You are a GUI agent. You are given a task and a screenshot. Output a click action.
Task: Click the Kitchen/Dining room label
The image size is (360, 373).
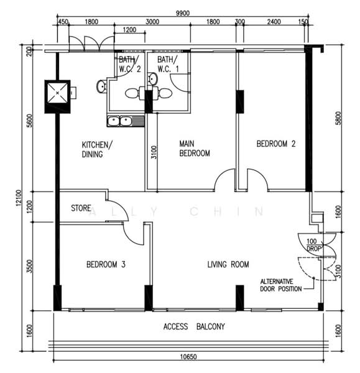tap(97, 149)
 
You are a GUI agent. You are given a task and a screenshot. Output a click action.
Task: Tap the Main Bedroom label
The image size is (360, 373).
tap(195, 148)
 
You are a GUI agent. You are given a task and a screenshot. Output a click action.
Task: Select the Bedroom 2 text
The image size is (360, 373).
tap(276, 144)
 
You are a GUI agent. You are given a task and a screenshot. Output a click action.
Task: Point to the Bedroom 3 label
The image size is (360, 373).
tap(106, 265)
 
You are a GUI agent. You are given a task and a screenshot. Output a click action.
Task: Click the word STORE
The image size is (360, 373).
tap(81, 208)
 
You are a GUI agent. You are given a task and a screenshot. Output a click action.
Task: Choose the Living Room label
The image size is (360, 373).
tap(228, 265)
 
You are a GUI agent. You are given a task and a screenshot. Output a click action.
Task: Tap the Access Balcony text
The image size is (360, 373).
tap(194, 326)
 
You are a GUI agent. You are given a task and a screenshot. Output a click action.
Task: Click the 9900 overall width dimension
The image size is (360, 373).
tap(183, 12)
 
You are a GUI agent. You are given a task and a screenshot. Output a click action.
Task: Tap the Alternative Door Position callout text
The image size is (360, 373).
tap(280, 285)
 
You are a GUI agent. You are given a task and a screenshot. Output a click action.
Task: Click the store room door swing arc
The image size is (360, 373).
tap(119, 210)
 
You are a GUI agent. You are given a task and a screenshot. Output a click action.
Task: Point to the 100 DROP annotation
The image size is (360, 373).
tap(312, 244)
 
